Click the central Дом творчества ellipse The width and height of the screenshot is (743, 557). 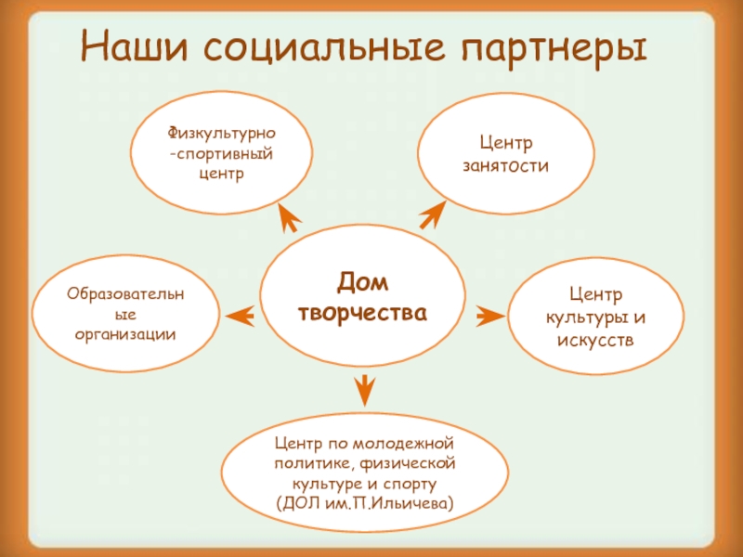click(x=362, y=296)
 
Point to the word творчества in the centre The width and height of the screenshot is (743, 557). click(x=362, y=313)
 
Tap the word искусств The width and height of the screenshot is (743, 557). click(x=595, y=339)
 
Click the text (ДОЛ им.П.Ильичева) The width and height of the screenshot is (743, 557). click(x=365, y=502)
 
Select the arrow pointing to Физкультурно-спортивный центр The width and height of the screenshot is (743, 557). click(x=290, y=217)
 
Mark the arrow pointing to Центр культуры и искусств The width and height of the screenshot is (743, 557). click(x=489, y=316)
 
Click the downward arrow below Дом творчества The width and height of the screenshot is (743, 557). click(x=364, y=387)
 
